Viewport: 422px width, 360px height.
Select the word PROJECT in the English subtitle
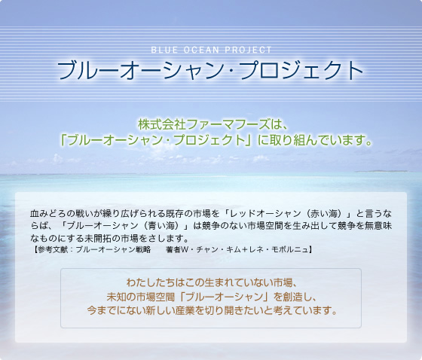[248, 50]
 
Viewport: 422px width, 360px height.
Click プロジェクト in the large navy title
[301, 70]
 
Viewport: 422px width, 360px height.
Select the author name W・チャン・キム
[211, 250]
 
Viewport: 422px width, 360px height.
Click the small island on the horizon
[381, 171]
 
